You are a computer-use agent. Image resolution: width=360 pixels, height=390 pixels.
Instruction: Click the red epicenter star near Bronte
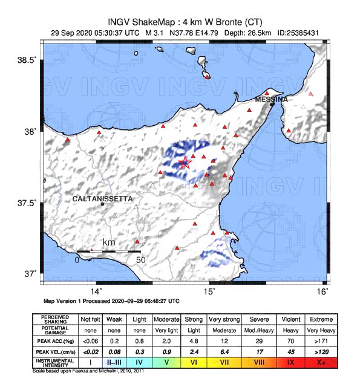[186, 162]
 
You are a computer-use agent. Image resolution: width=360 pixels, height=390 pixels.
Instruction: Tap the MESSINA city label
[271, 99]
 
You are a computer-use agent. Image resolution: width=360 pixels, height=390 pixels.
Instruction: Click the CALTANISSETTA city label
[102, 198]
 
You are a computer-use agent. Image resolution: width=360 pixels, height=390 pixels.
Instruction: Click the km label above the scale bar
[109, 242]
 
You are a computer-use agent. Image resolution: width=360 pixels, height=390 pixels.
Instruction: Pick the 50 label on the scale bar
[141, 260]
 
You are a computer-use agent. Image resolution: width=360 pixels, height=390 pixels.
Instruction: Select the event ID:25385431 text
[298, 33]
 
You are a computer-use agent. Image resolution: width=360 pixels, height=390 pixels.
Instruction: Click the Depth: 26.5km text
[245, 33]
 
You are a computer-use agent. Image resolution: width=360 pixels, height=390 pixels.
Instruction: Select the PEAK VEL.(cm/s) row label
[54, 352]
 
